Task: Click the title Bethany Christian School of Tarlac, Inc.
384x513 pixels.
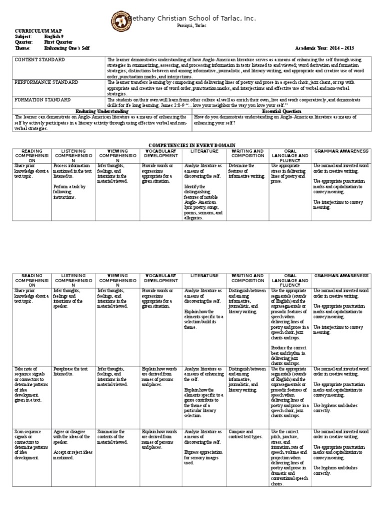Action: [192, 19]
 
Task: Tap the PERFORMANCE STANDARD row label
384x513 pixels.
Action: [46, 82]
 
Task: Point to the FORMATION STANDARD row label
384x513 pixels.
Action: [42, 100]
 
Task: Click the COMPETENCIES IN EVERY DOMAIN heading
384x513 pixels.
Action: [192, 144]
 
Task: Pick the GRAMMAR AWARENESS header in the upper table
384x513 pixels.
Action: [341, 151]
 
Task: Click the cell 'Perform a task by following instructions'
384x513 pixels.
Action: [70, 192]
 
